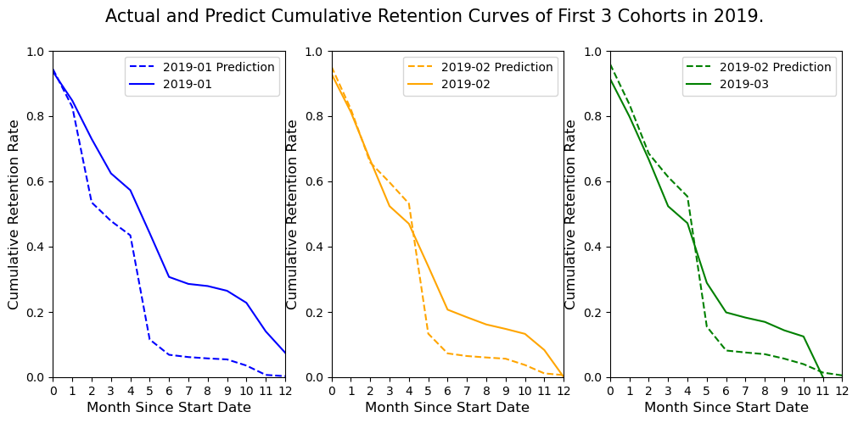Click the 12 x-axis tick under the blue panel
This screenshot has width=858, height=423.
[285, 391]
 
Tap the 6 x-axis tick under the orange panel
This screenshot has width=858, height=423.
[447, 391]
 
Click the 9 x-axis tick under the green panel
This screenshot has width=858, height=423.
[784, 391]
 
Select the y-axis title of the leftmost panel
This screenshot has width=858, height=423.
[14, 214]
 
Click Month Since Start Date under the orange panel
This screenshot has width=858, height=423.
[447, 408]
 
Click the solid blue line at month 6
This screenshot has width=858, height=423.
[169, 277]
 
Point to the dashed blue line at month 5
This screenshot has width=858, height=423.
[149, 339]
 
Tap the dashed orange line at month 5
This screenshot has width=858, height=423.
[428, 332]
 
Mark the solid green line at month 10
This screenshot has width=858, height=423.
[803, 337]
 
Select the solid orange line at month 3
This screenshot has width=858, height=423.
[390, 206]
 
